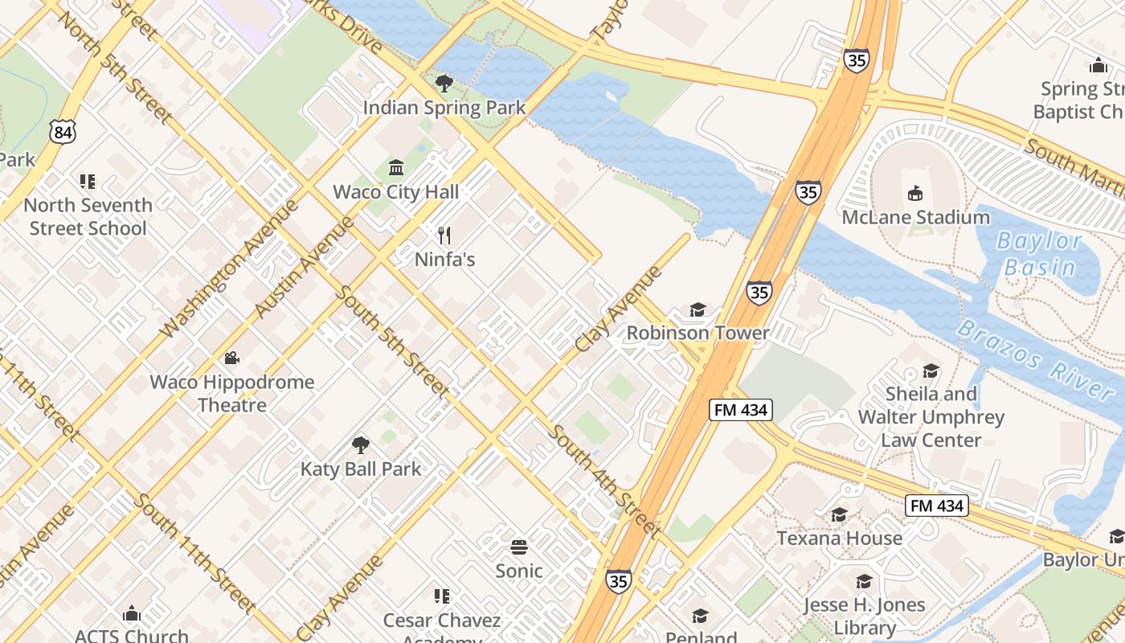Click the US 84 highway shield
tap(62, 131)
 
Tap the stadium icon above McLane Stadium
tap(914, 193)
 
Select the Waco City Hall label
tap(396, 192)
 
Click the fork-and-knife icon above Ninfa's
tap(444, 235)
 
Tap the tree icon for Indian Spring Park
tap(444, 84)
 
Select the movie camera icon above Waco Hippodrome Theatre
tap(232, 358)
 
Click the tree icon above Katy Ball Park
tap(361, 444)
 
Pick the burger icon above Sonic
tap(519, 547)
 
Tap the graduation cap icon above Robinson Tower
tap(697, 309)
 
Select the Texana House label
tap(839, 538)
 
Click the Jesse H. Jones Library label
tap(865, 616)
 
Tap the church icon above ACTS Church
tap(132, 615)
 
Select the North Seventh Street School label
tap(88, 217)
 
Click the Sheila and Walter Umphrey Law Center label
tap(931, 417)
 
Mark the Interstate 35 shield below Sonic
tap(618, 581)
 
